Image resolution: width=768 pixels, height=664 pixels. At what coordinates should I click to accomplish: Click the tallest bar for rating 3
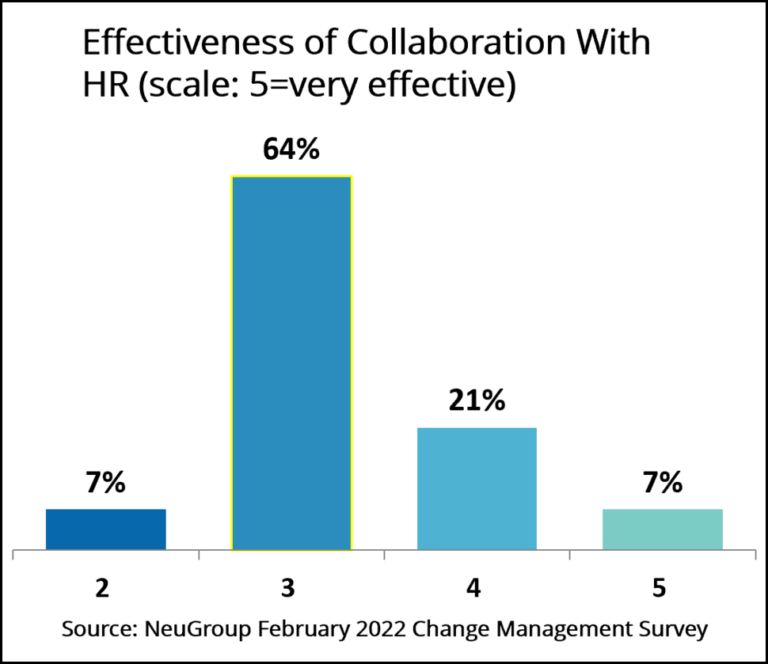click(x=291, y=363)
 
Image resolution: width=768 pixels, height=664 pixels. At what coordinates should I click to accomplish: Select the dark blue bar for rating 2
click(x=106, y=529)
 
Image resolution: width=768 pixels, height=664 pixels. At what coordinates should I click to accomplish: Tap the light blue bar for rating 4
click(x=477, y=488)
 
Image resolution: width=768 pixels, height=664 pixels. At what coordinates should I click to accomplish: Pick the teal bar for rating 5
click(x=662, y=529)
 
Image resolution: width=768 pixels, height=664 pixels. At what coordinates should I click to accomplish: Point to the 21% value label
click(x=477, y=402)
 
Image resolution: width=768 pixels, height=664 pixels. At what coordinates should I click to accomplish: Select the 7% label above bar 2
click(x=106, y=483)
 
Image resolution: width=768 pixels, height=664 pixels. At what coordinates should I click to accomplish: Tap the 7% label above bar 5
click(x=662, y=483)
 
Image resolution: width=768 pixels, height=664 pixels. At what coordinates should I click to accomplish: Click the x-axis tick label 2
click(x=102, y=589)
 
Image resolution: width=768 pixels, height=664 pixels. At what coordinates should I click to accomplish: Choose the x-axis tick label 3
click(x=288, y=589)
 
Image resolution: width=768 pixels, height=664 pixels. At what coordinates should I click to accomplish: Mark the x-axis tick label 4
click(x=473, y=589)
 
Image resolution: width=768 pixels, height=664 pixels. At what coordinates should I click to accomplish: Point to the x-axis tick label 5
click(x=659, y=589)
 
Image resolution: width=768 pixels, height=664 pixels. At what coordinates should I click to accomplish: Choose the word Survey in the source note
click(x=669, y=630)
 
